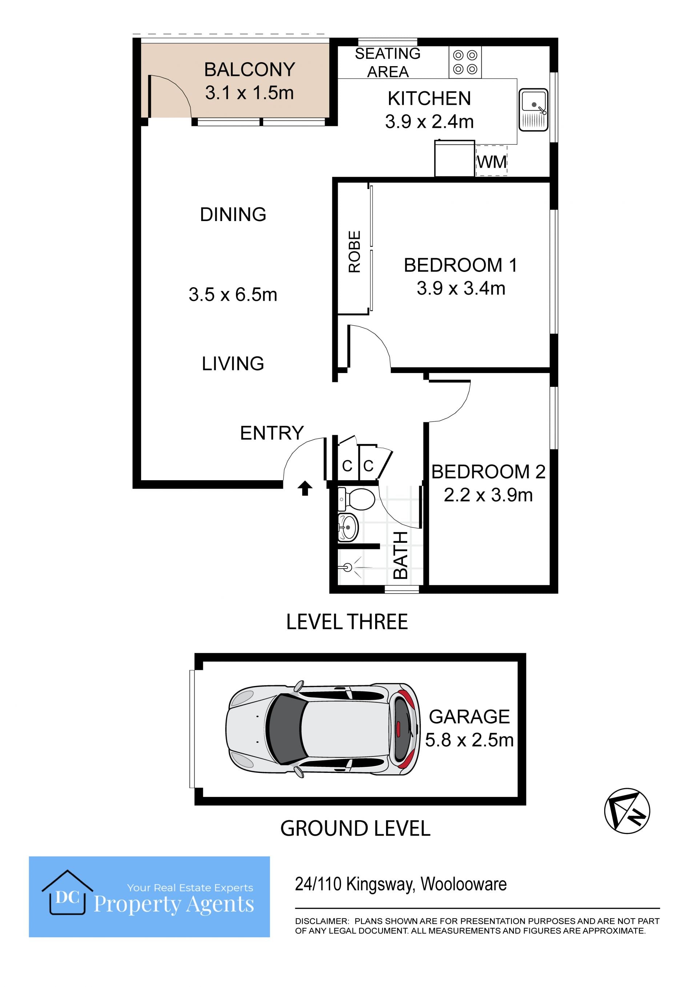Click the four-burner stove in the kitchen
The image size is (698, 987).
[465, 62]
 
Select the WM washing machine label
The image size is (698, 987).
[492, 162]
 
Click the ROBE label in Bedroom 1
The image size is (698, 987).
[354, 252]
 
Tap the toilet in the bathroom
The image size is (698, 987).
[356, 499]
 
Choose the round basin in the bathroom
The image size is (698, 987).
[348, 527]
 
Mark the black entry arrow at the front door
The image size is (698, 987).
[305, 488]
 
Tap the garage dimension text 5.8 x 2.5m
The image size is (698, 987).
[469, 740]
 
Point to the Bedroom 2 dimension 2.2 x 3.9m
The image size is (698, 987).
[488, 495]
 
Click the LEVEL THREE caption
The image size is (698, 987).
[347, 622]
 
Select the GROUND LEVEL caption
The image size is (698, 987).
[355, 828]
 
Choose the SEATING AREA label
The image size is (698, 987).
[388, 62]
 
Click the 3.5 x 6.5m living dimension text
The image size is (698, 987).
[233, 294]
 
